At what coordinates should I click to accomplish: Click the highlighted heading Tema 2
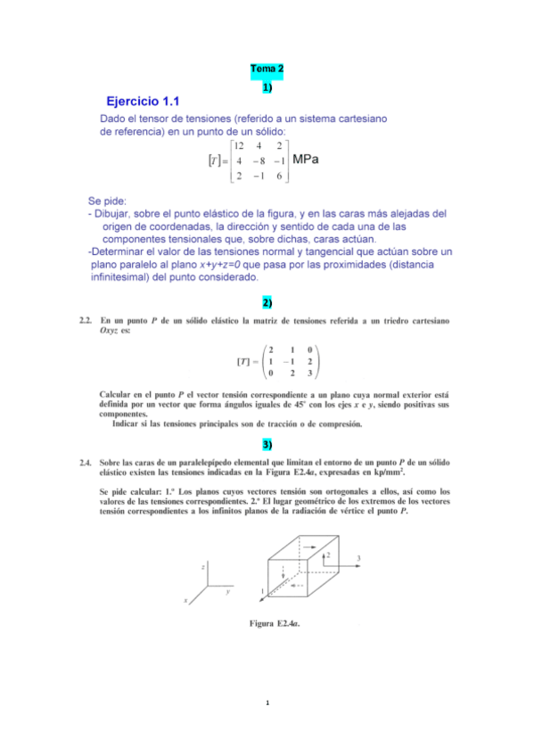tap(267, 69)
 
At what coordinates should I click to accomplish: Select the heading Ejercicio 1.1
tap(143, 102)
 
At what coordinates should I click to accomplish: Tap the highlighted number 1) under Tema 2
tap(267, 86)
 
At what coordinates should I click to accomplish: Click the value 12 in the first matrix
tap(237, 145)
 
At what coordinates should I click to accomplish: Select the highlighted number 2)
tap(267, 303)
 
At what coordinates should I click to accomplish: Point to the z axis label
tap(204, 566)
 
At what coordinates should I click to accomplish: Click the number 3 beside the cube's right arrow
tap(358, 558)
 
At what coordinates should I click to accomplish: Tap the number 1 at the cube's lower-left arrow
tap(262, 591)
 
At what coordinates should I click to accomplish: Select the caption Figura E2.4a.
tap(274, 623)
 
